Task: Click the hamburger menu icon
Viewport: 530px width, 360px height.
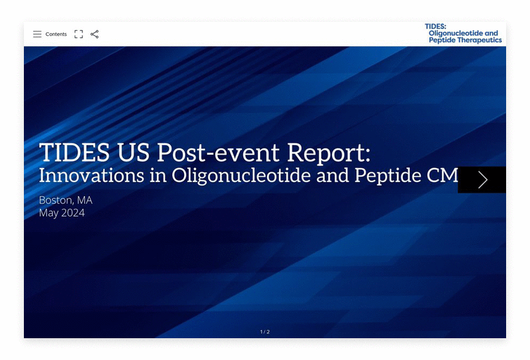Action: pos(37,34)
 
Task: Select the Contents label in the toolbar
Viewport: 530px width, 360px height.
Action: pos(56,34)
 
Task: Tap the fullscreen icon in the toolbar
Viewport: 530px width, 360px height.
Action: pos(79,34)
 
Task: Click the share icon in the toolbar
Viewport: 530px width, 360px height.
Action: pos(95,34)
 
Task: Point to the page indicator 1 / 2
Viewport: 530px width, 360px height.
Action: pos(264,332)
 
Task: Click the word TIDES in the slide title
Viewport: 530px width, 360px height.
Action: pos(74,152)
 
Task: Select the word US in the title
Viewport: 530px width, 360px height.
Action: pos(132,152)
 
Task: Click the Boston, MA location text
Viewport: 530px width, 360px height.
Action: pos(65,200)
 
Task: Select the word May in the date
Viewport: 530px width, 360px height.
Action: pos(49,213)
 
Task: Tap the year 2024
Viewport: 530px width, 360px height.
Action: pos(72,212)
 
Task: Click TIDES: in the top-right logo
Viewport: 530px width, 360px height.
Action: pos(436,27)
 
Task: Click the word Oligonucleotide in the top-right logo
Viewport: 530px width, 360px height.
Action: pos(456,33)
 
